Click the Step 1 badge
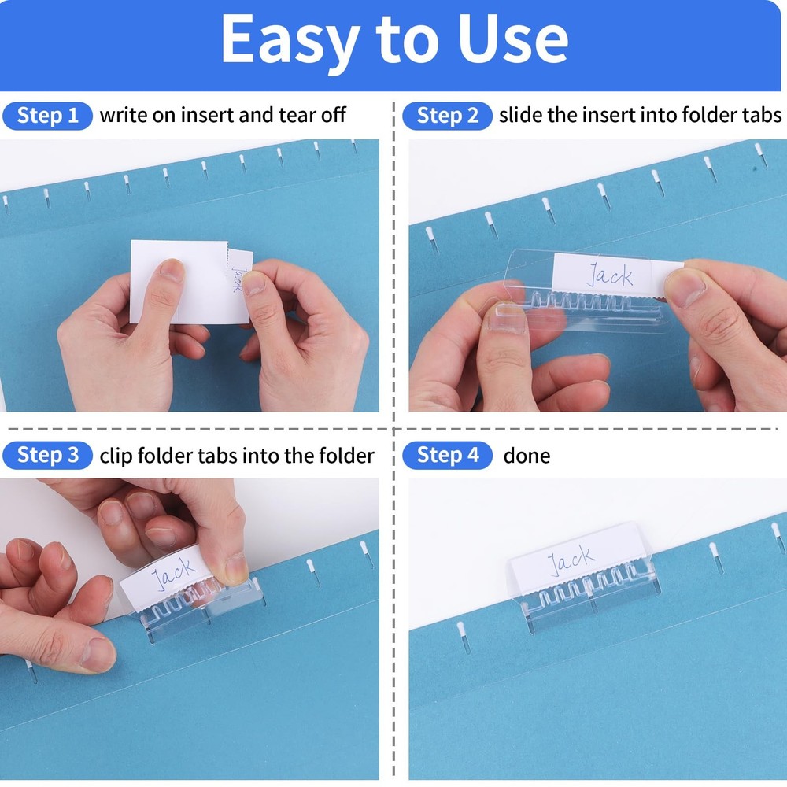pyautogui.click(x=48, y=116)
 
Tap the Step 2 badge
pyautogui.click(x=447, y=116)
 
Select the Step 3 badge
pyautogui.click(x=48, y=455)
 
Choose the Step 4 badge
pyautogui.click(x=447, y=455)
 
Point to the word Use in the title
pyautogui.click(x=511, y=39)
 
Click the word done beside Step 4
pyautogui.click(x=527, y=456)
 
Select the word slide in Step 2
pyautogui.click(x=520, y=116)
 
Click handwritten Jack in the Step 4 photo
pyautogui.click(x=571, y=560)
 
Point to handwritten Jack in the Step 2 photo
pyautogui.click(x=609, y=275)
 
